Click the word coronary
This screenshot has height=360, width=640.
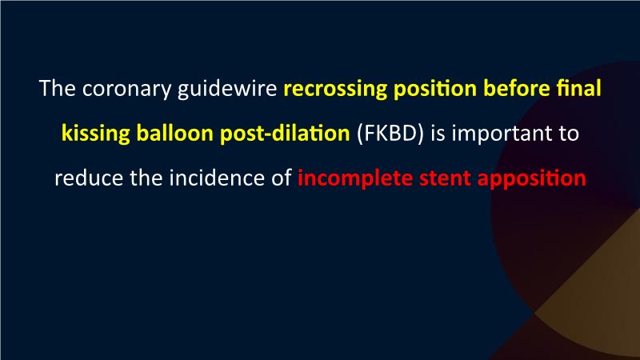(x=126, y=90)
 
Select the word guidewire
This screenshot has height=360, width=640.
(x=227, y=89)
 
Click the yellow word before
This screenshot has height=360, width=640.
(x=516, y=88)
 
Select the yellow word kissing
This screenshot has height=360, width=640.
(x=95, y=134)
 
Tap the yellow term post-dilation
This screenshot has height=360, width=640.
(x=285, y=134)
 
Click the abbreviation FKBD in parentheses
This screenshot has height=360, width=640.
(x=390, y=133)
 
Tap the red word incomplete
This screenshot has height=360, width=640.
(x=355, y=178)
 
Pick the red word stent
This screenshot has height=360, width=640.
(x=445, y=178)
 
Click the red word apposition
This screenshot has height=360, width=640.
(x=532, y=178)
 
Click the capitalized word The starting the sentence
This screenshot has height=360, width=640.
(x=57, y=88)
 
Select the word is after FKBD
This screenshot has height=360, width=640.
(x=438, y=133)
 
